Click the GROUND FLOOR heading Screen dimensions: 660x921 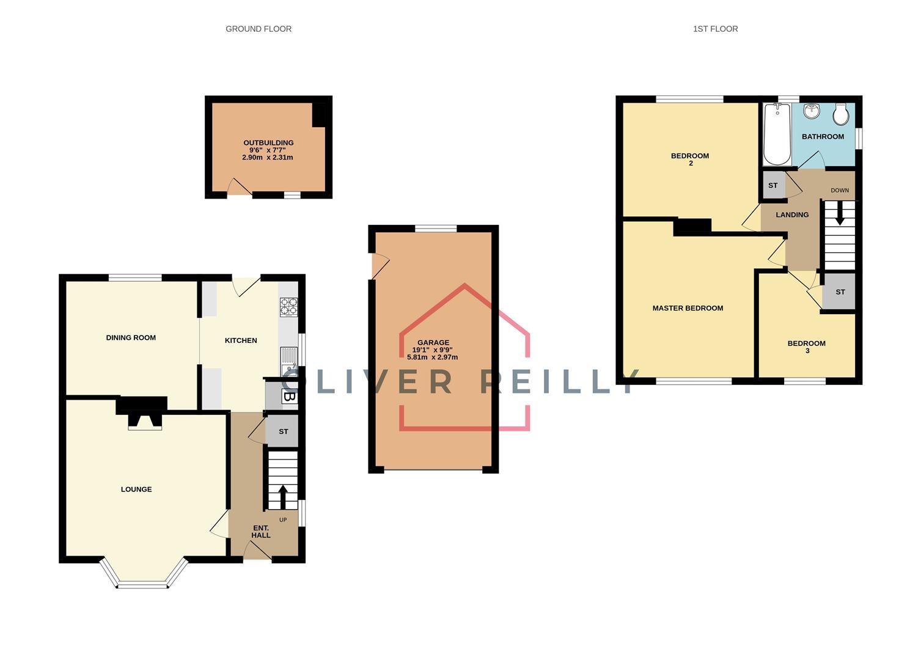(259, 29)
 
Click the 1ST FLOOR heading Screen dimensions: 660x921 (715, 29)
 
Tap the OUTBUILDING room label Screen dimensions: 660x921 (268, 143)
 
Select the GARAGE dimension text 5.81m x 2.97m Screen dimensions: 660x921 (432, 358)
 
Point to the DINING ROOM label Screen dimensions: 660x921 (131, 337)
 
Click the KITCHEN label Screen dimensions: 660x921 (241, 340)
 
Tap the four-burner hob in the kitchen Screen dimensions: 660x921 (288, 307)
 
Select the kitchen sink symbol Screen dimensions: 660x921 (288, 362)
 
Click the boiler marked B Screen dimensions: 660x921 (289, 397)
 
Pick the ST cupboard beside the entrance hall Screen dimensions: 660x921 (283, 431)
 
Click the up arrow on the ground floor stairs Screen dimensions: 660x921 (283, 496)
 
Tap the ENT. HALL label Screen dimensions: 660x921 (261, 531)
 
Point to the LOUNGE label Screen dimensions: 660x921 (136, 489)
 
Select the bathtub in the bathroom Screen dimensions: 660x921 (777, 135)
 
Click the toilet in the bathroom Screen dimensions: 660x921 (842, 113)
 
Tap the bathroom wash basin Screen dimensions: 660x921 (812, 112)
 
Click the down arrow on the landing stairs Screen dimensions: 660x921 (840, 214)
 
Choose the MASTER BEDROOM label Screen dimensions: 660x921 (688, 308)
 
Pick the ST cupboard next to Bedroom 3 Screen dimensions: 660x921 (840, 292)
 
